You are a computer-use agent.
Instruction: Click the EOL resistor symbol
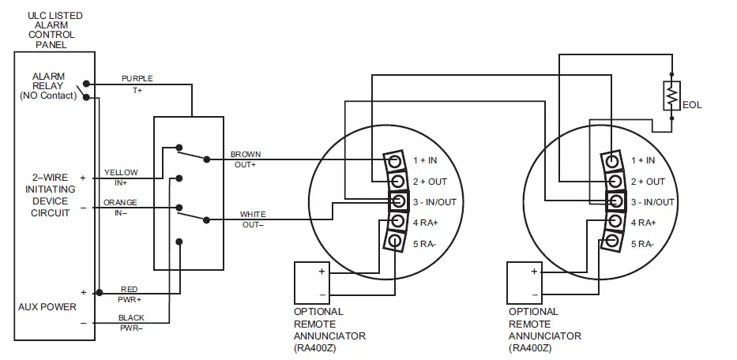point(671,96)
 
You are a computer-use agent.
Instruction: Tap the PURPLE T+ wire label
point(137,84)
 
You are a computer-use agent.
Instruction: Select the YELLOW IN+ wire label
point(120,177)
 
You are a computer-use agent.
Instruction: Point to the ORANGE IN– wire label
point(120,208)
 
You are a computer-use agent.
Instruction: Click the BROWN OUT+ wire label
point(245,159)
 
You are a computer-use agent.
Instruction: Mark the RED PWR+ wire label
point(130,294)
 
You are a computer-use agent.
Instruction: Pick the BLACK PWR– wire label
point(131,323)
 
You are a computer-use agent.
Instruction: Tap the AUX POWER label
point(47,306)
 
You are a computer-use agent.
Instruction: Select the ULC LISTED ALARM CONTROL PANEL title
point(54,30)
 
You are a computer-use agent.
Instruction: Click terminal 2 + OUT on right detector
point(611,181)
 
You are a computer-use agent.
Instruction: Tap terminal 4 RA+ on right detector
point(611,223)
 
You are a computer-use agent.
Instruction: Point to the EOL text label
point(692,105)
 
